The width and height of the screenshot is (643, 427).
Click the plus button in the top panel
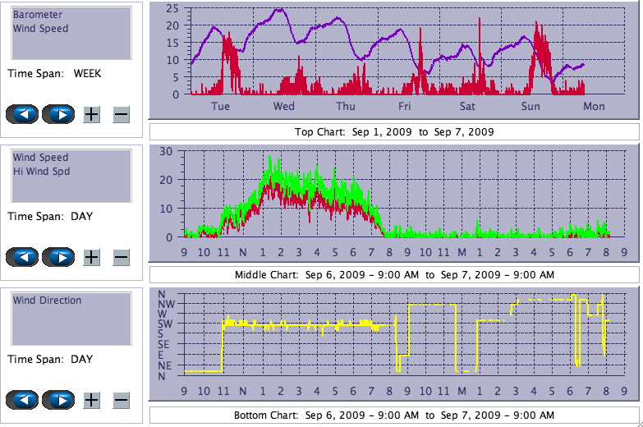pyautogui.click(x=91, y=114)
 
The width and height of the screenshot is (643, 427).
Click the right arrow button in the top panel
pyautogui.click(x=58, y=114)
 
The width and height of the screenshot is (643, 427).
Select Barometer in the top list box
pyautogui.click(x=35, y=15)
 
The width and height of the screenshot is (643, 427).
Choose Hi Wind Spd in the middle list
pyautogui.click(x=41, y=171)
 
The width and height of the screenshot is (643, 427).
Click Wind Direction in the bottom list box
pyautogui.click(x=47, y=301)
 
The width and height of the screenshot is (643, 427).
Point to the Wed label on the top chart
pyautogui.click(x=284, y=107)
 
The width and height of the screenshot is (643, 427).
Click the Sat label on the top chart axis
pyautogui.click(x=467, y=107)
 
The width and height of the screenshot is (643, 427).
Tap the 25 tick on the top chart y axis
pyautogui.click(x=172, y=8)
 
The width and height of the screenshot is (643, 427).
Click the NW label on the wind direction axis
pyautogui.click(x=165, y=304)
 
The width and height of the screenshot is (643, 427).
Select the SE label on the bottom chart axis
pyautogui.click(x=165, y=344)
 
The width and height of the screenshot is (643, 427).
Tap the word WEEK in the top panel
pyautogui.click(x=87, y=73)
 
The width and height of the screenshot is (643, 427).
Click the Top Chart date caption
pyautogui.click(x=394, y=131)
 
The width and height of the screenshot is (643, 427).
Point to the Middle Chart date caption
pyautogui.click(x=394, y=274)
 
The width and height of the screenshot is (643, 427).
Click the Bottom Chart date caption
pyautogui.click(x=394, y=416)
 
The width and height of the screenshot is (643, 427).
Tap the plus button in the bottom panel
pyautogui.click(x=91, y=400)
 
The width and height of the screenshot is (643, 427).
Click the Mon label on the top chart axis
pyautogui.click(x=594, y=107)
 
